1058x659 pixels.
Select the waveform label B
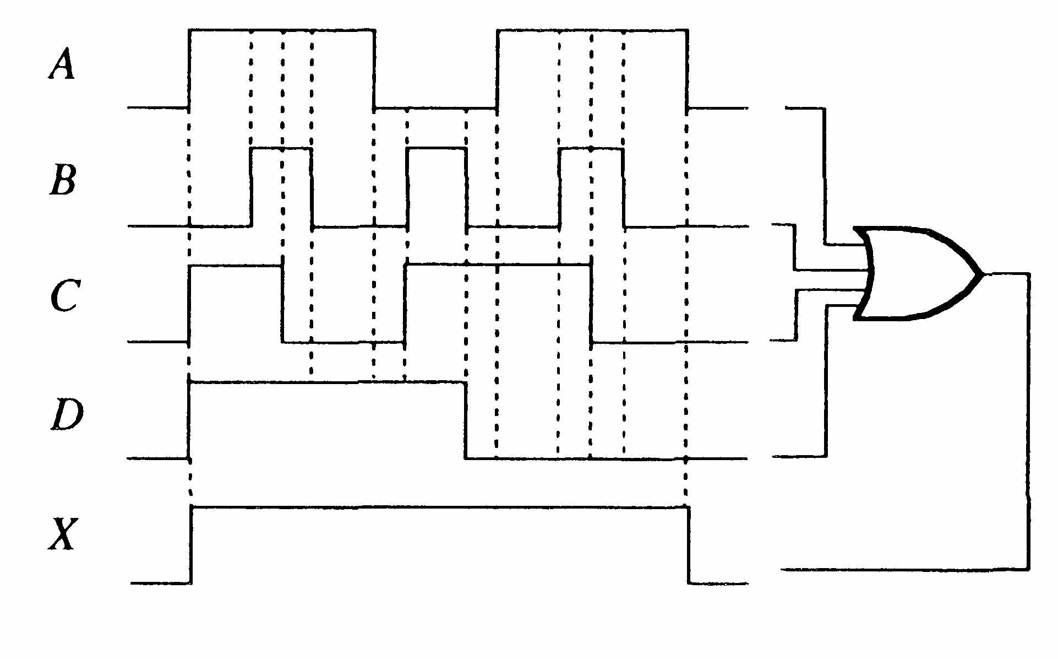[x=63, y=180]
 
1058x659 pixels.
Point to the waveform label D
[x=67, y=415]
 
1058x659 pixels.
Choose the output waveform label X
[x=62, y=533]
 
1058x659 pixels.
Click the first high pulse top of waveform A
[x=282, y=30]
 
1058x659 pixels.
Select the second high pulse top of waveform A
[x=592, y=30]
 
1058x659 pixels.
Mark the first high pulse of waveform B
[x=281, y=148]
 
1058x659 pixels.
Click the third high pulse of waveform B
[x=591, y=148]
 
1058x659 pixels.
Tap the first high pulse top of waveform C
[x=235, y=266]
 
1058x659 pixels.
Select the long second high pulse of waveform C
[x=498, y=264]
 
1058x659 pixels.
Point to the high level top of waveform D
[x=327, y=381]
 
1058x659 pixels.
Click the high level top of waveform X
[x=439, y=507]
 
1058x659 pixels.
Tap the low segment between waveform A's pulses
[x=435, y=109]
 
